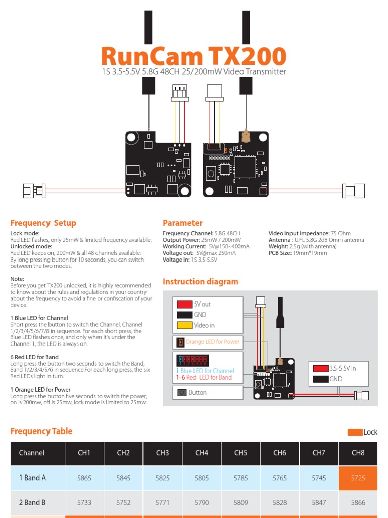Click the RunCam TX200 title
[x=193, y=56]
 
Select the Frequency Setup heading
[x=43, y=223]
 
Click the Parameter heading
[x=182, y=223]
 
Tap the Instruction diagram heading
[x=200, y=282]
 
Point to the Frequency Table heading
[x=41, y=431]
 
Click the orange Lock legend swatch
[x=355, y=432]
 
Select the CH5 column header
[x=240, y=453]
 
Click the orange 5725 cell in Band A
[x=358, y=478]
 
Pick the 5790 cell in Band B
[x=202, y=503]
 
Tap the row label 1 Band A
[x=32, y=478]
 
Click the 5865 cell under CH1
[x=84, y=478]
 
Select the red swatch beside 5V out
[x=184, y=304]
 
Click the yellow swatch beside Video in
[x=184, y=325]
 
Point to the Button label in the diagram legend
[x=198, y=393]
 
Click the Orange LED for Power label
[x=212, y=342]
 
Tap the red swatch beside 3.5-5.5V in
[x=320, y=368]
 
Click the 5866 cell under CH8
[x=358, y=503]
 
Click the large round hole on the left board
[x=132, y=137]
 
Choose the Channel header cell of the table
[x=32, y=453]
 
